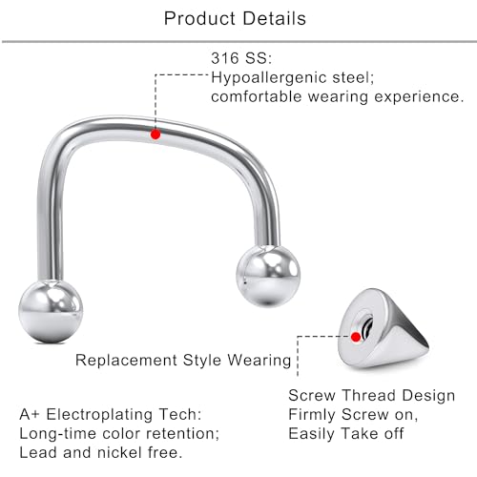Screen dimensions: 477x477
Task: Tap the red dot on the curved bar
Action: tap(156, 135)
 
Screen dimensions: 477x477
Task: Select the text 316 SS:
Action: tap(240, 58)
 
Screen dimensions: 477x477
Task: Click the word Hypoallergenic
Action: tap(267, 77)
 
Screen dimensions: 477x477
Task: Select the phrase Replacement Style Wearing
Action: tap(183, 361)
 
